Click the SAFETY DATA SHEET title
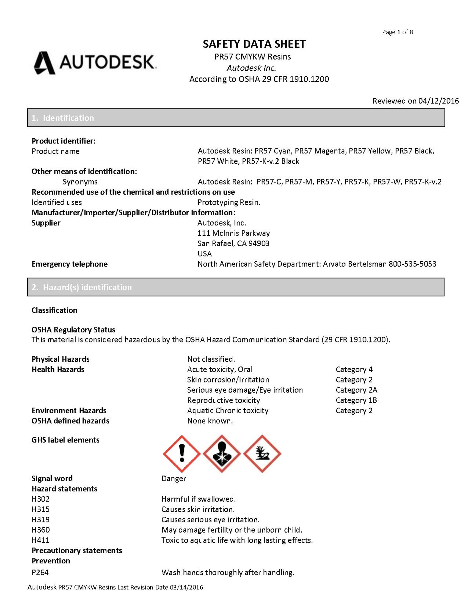click(x=254, y=44)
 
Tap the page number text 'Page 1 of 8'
click(x=397, y=32)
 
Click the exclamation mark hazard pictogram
click(x=182, y=454)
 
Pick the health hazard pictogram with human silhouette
click(x=222, y=454)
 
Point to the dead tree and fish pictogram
click(x=262, y=454)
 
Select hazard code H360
click(x=41, y=530)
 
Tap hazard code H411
click(x=41, y=540)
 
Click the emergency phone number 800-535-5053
click(x=412, y=264)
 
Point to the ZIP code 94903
click(x=259, y=243)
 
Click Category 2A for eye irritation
click(x=356, y=390)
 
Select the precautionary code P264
click(x=40, y=572)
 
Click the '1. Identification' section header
click(x=63, y=118)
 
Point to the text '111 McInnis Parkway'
click(x=234, y=233)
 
